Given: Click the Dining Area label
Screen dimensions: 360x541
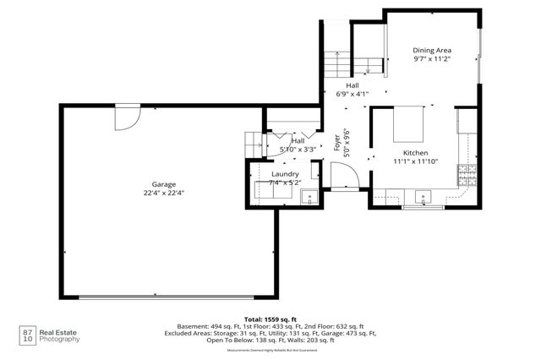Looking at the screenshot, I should point(431,50).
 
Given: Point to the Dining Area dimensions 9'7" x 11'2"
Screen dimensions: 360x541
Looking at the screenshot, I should point(431,59).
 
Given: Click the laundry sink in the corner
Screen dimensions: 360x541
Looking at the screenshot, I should point(310,197).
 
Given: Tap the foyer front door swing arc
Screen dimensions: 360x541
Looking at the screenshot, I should point(342,175).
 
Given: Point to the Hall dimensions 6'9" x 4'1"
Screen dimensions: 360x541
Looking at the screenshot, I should point(352,93).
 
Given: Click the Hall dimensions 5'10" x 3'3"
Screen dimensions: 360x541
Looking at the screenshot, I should point(298,150).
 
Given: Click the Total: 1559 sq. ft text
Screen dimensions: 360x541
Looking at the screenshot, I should point(270,319).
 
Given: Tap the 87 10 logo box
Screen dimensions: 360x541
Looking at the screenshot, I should point(27,335).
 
